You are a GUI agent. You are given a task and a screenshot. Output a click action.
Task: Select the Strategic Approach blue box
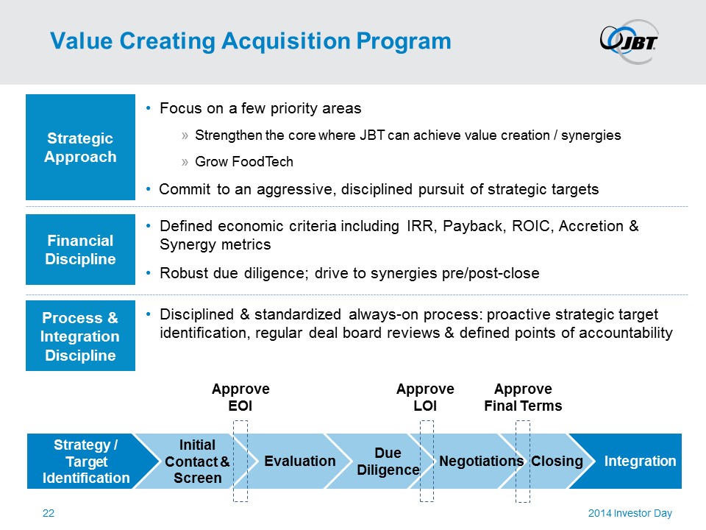click(80, 147)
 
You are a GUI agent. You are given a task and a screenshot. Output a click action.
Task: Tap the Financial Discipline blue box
click(80, 250)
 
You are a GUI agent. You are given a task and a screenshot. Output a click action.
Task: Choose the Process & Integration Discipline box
click(80, 336)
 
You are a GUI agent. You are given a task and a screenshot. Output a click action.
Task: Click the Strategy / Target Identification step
click(86, 462)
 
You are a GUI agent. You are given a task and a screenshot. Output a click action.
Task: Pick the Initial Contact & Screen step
click(196, 462)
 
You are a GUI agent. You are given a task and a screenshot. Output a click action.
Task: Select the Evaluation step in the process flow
click(299, 462)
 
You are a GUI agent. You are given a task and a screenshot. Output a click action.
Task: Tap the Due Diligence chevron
click(387, 462)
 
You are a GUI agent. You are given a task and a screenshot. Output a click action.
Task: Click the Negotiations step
click(481, 462)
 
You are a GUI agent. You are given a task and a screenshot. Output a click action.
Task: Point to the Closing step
click(557, 462)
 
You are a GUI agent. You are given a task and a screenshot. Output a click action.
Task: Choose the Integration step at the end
click(640, 462)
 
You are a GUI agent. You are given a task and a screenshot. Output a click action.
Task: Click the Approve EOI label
click(240, 397)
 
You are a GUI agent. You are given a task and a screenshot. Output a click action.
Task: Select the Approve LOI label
click(425, 397)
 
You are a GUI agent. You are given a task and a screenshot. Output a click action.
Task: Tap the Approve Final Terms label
click(523, 397)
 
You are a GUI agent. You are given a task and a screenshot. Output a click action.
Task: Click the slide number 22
click(49, 514)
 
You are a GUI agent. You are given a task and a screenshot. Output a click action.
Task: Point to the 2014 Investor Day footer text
click(630, 514)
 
